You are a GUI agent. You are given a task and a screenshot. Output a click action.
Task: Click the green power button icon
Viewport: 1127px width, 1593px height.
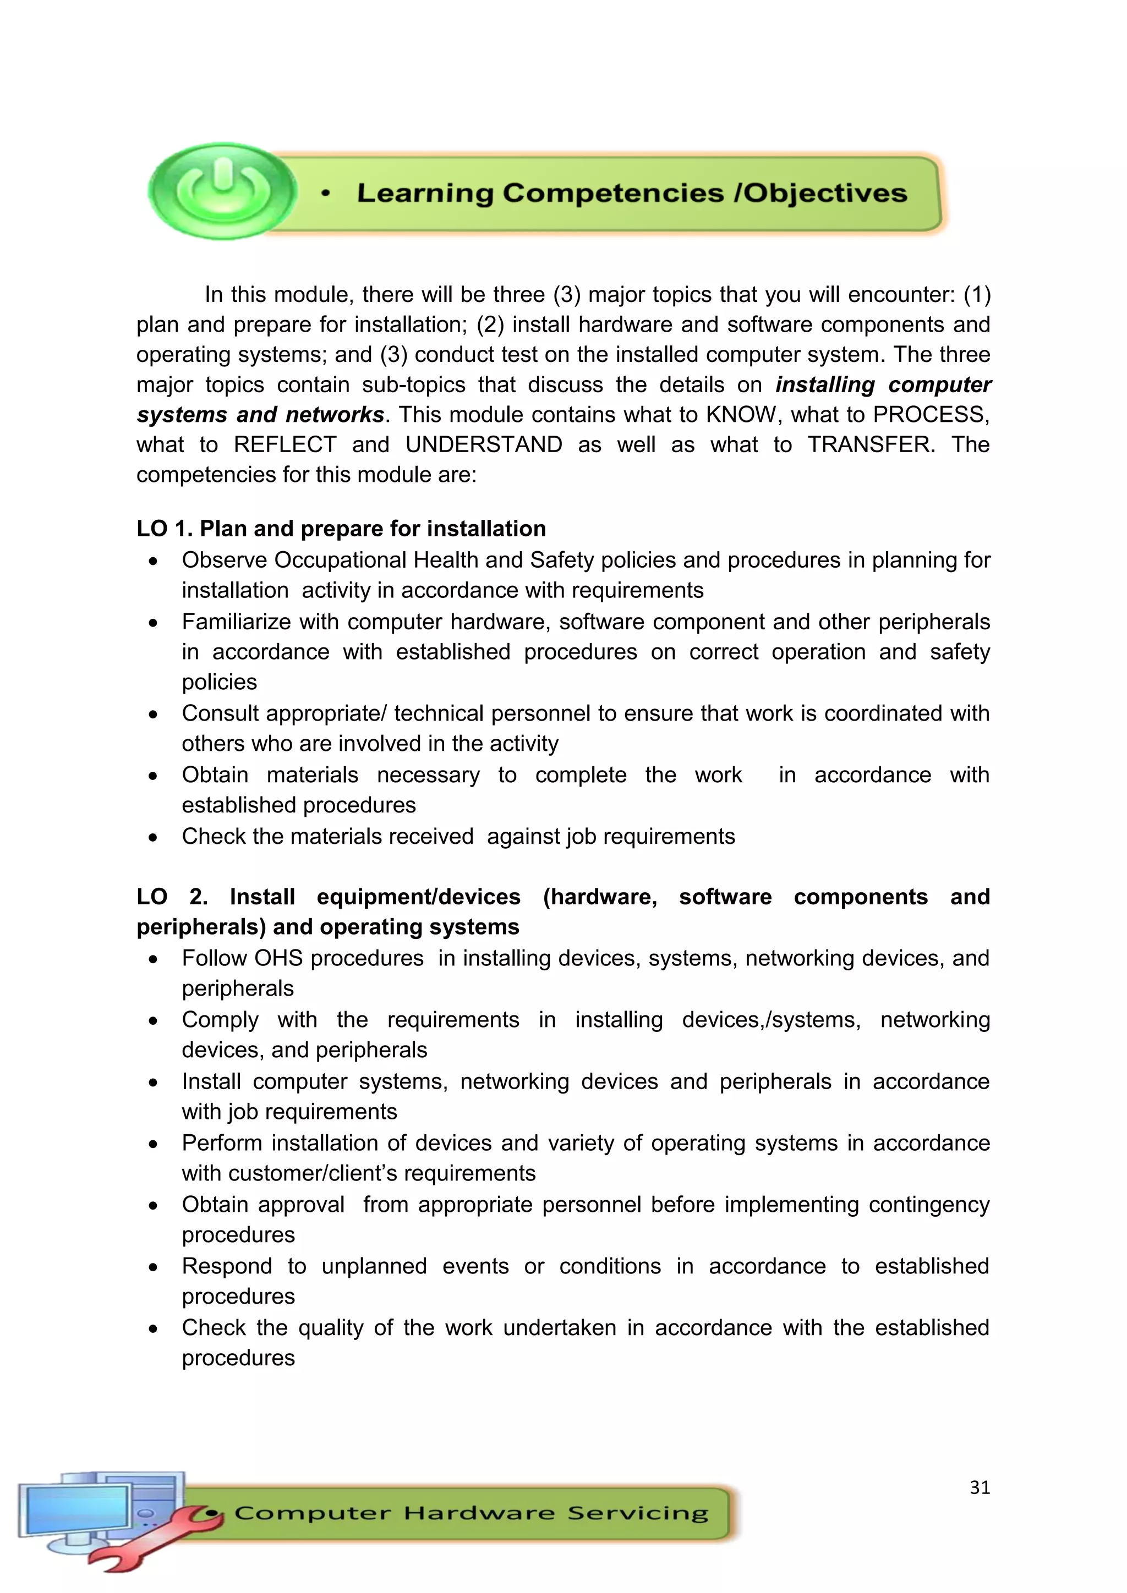222,190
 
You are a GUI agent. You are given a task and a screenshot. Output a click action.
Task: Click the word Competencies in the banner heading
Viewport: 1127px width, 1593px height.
612,193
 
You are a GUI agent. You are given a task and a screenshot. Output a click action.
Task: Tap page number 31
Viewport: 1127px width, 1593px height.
979,1487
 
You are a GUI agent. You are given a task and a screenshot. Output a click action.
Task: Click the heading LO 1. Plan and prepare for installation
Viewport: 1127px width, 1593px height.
341,529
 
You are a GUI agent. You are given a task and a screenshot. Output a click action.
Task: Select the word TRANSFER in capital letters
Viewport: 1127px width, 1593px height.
871,445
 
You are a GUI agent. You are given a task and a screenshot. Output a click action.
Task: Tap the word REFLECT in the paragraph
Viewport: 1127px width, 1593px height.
285,445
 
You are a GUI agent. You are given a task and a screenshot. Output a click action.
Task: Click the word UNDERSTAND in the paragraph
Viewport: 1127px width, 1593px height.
484,445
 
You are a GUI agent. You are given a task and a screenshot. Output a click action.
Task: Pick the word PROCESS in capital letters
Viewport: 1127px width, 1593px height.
929,415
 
